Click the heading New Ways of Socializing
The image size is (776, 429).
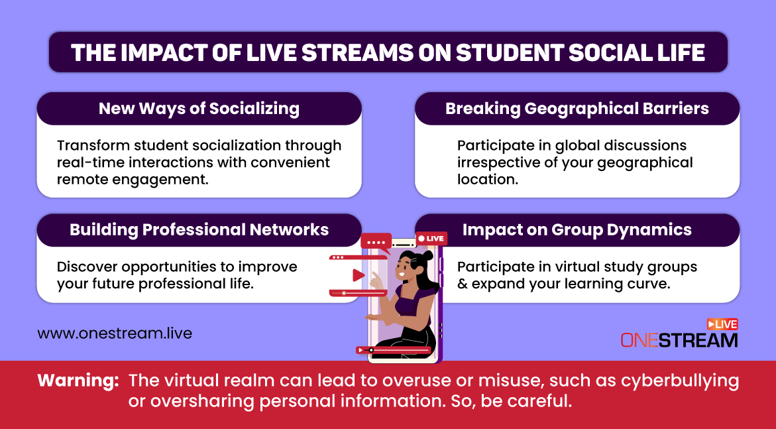point(199,109)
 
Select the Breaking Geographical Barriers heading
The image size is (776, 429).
point(577,109)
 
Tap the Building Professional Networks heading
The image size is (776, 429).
point(199,230)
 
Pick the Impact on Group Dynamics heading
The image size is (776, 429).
point(577,230)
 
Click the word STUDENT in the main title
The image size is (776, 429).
point(509,53)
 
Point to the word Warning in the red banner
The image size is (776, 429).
point(78,381)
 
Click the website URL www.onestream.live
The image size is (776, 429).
point(115,334)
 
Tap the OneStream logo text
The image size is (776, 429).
point(679,340)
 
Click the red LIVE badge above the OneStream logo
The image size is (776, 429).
point(722,324)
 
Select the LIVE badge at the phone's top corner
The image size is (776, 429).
point(431,238)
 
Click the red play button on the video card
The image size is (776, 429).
point(359,275)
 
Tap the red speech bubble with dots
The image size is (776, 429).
point(376,243)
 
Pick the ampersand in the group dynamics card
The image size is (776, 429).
point(463,284)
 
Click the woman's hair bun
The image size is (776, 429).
point(427,256)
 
